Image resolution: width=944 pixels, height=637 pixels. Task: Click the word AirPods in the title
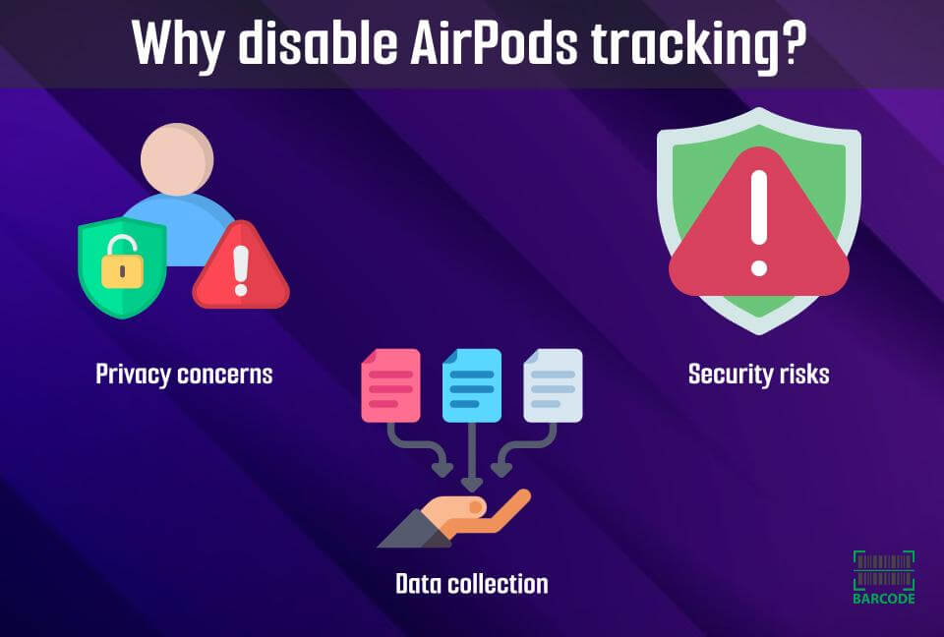[509, 44]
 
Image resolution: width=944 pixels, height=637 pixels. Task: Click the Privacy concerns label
[184, 375]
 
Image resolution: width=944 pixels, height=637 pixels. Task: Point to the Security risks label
[759, 375]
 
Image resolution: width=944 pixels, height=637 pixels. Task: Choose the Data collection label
[471, 584]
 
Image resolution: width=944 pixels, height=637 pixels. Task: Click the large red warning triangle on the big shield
[758, 236]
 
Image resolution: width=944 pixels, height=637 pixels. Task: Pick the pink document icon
[390, 385]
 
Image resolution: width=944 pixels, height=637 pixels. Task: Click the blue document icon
[472, 385]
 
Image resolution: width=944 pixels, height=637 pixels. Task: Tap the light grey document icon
[553, 385]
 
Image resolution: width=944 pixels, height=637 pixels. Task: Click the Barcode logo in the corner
[884, 577]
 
